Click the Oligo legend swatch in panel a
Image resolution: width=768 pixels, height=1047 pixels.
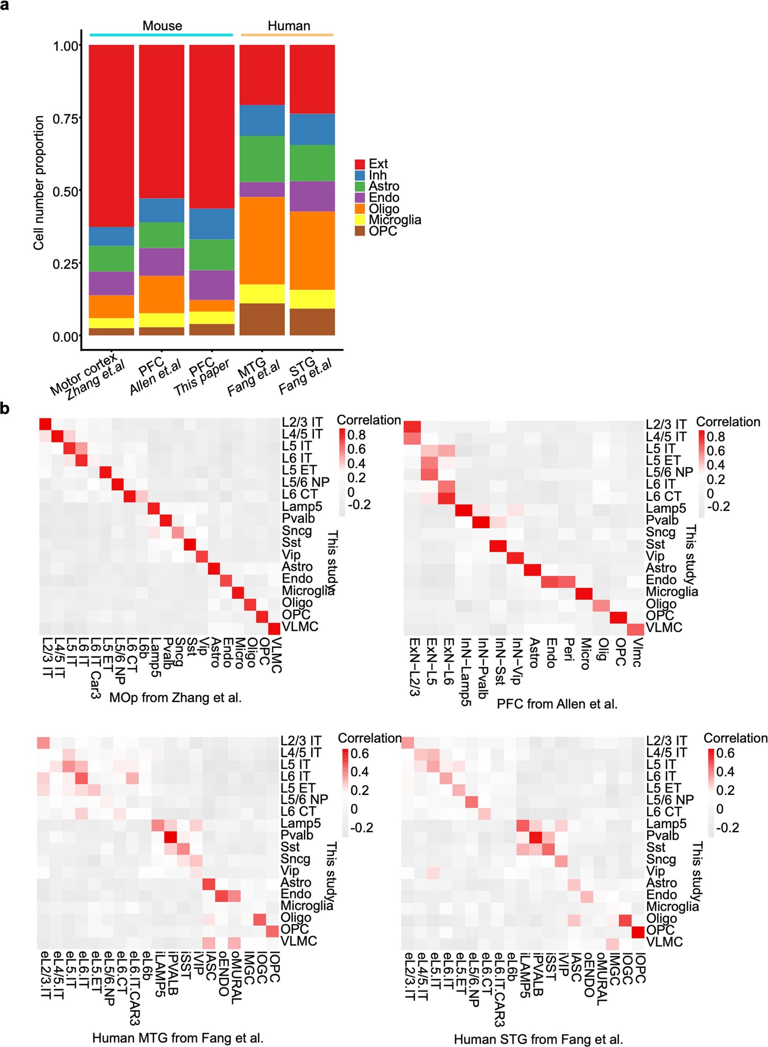click(x=359, y=209)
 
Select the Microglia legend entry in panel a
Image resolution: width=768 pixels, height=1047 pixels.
click(x=395, y=220)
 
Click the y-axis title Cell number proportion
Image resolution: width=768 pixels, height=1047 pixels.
click(x=39, y=183)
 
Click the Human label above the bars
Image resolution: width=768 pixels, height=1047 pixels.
click(x=289, y=25)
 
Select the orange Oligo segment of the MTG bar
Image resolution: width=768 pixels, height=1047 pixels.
click(x=262, y=240)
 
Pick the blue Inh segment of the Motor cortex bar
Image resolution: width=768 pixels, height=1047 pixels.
click(x=111, y=236)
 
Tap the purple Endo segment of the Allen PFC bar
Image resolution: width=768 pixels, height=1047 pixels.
click(x=161, y=261)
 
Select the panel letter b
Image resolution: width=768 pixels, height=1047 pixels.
click(x=5, y=409)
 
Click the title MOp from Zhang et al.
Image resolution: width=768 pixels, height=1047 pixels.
click(x=175, y=697)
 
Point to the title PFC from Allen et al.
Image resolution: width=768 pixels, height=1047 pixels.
click(x=557, y=704)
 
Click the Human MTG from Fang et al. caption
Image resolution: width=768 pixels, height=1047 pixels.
click(x=178, y=1038)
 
